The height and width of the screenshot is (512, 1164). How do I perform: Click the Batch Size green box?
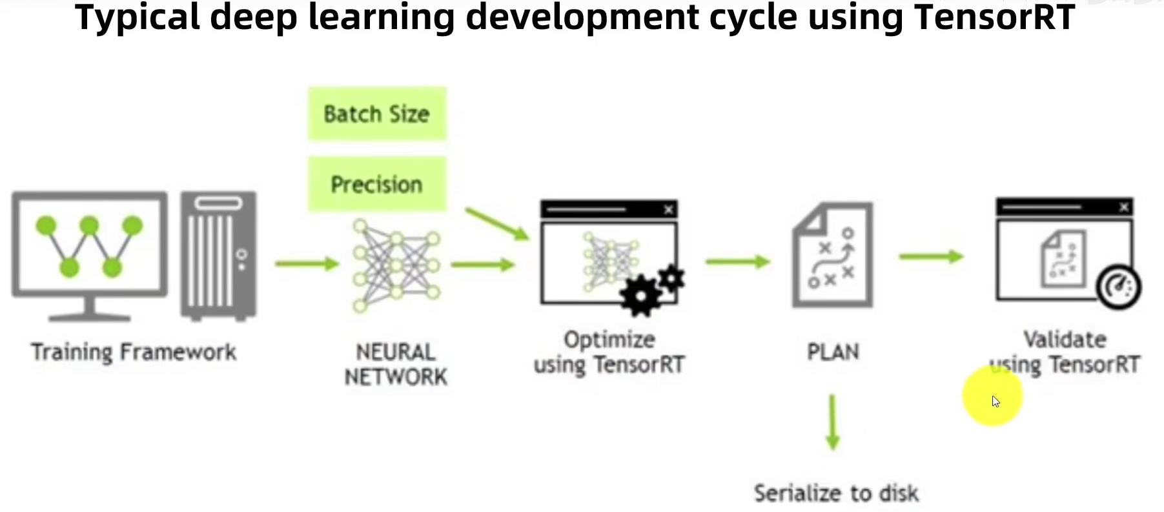coord(377,114)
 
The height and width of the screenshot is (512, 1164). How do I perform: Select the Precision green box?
coord(377,184)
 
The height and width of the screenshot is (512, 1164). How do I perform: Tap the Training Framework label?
coord(134,352)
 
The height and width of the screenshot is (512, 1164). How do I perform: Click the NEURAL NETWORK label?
coord(395,364)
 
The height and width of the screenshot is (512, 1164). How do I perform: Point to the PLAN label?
coord(833,352)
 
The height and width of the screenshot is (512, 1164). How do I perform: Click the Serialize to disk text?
coord(836,493)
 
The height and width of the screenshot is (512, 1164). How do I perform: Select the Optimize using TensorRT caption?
coord(609,352)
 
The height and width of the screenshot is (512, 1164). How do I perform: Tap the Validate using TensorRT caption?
coord(1065,352)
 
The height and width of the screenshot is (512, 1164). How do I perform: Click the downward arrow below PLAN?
coord(833,423)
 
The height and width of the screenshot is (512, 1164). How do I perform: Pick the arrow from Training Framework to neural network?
coord(307,263)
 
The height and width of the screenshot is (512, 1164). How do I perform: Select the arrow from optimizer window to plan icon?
coord(738,261)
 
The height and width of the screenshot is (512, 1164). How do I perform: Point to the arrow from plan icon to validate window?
coord(931,257)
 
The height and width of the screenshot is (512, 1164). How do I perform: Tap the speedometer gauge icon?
coord(1118,287)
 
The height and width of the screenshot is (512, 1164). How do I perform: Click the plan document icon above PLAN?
coord(833,255)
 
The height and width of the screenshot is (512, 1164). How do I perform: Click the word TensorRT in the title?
coord(994,17)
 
